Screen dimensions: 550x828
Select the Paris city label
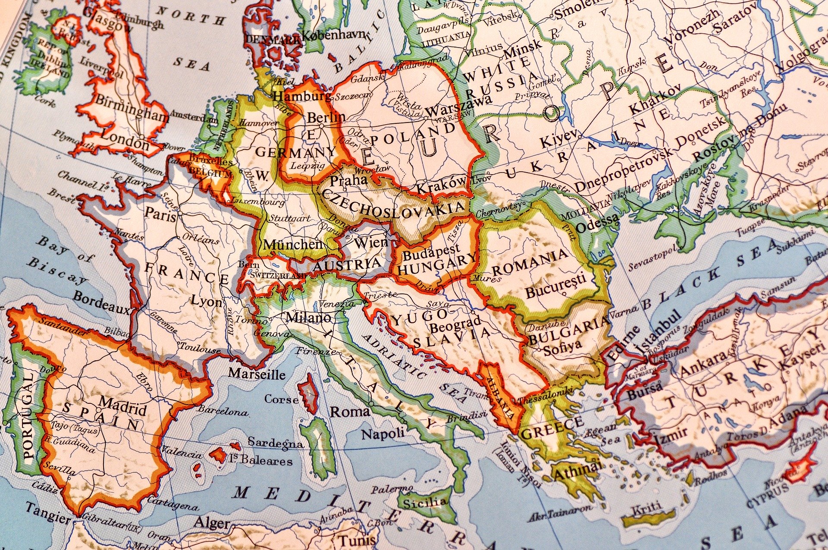pos(161,214)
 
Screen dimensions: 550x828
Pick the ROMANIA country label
pos(530,262)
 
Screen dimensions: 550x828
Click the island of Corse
pos(309,393)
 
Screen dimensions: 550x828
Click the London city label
pos(125,141)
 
